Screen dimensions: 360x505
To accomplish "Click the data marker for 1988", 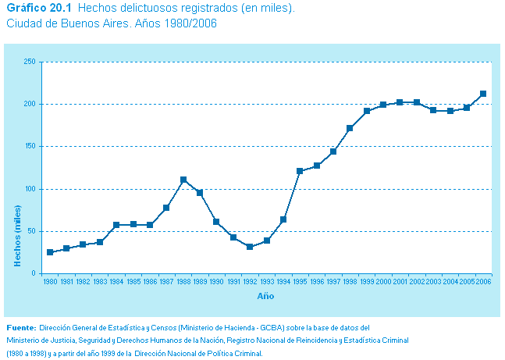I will click(183, 180).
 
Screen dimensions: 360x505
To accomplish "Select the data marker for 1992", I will click(250, 247).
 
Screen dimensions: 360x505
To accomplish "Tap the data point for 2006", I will click(483, 94).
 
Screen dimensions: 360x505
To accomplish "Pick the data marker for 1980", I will click(50, 252).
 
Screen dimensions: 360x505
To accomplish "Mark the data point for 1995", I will click(300, 170).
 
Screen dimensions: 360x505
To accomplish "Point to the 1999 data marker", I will click(366, 111).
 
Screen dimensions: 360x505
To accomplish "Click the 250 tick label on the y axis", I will click(30, 62).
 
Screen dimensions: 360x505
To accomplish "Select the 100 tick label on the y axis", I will click(30, 189).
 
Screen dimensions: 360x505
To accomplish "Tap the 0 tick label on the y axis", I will click(34, 273).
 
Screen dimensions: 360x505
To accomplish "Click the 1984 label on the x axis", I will click(116, 281).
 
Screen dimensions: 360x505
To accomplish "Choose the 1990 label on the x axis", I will click(216, 281).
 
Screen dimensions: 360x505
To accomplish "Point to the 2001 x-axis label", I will click(400, 281).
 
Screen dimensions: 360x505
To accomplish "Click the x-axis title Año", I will click(265, 296).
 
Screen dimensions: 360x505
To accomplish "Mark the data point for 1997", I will click(333, 151).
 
